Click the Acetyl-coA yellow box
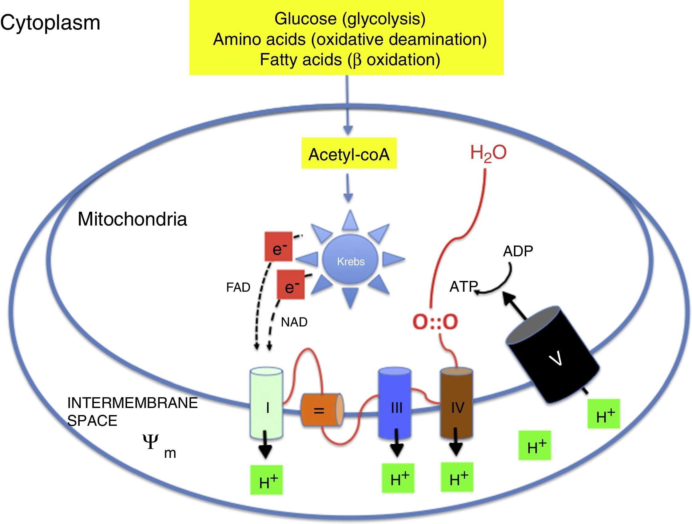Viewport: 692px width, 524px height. (x=349, y=153)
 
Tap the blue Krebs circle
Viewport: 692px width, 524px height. (x=350, y=260)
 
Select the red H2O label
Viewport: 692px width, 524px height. (x=488, y=153)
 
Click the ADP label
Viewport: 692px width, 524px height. (x=518, y=251)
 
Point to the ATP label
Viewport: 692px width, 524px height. (x=463, y=286)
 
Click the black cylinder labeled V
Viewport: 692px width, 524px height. (x=552, y=355)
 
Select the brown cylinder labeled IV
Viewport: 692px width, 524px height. (x=456, y=404)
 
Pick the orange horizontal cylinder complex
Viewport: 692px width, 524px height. (x=322, y=410)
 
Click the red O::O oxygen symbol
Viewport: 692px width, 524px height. (x=435, y=322)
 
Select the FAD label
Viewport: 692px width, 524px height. (x=238, y=287)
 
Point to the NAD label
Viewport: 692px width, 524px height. (x=294, y=322)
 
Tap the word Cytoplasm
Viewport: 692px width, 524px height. (x=50, y=23)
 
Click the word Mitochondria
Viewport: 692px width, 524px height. (x=132, y=219)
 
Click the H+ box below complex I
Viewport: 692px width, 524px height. (x=267, y=480)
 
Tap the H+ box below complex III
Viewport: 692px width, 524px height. (x=398, y=478)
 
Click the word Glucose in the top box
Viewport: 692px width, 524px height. (x=305, y=19)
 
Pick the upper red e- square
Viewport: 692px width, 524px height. (x=278, y=247)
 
